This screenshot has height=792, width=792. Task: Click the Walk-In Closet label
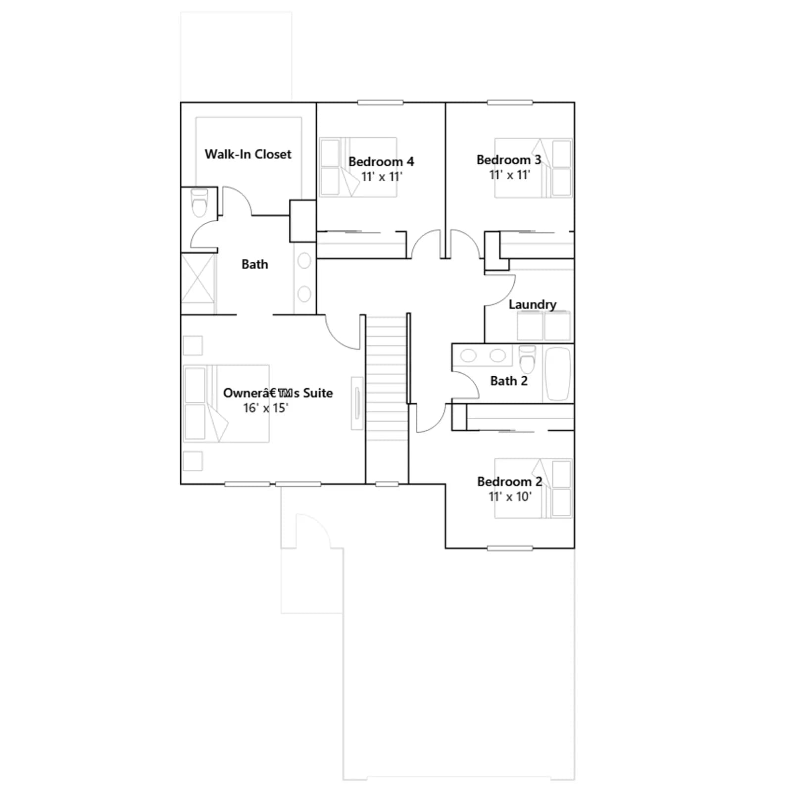[x=248, y=154]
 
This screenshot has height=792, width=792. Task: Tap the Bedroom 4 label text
[x=381, y=162]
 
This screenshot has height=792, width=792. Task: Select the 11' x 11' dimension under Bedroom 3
[x=510, y=175]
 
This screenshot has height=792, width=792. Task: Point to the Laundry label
[x=533, y=304]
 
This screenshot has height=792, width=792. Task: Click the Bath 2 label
[x=509, y=381]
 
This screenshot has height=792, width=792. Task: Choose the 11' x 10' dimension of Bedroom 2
[x=510, y=496]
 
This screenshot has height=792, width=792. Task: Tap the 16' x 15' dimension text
[x=265, y=408]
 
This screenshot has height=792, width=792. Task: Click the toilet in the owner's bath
[x=199, y=202]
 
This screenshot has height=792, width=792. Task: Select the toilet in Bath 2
[x=527, y=359]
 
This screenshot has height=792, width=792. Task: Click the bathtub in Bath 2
[x=558, y=374]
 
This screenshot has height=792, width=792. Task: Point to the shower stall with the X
[x=198, y=284]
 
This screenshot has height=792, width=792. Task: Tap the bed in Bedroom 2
[x=534, y=489]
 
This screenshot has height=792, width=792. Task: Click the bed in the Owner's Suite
[x=226, y=404]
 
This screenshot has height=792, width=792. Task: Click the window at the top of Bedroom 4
[x=381, y=103]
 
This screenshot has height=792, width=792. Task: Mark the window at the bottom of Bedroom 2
[x=510, y=548]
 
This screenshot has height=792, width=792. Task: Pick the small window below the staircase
[x=387, y=484]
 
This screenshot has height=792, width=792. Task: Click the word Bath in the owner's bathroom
[x=255, y=264]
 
